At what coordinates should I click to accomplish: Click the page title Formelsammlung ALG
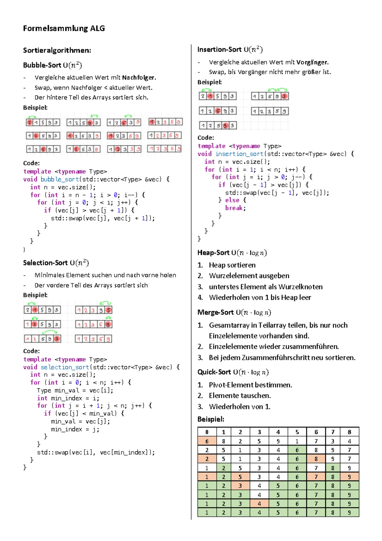(x=64, y=28)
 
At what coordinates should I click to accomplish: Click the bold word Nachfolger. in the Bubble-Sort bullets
(x=139, y=77)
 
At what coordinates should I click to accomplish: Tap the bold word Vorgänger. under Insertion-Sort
(x=312, y=62)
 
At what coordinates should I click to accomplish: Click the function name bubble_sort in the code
(x=60, y=179)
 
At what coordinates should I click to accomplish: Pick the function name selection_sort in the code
(x=65, y=367)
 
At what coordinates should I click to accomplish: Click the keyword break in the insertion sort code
(x=235, y=208)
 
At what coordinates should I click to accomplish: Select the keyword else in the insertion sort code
(x=232, y=200)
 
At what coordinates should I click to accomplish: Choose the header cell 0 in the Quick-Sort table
(x=207, y=432)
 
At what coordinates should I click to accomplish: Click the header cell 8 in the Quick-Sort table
(x=350, y=432)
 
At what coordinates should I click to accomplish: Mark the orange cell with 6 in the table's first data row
(x=207, y=441)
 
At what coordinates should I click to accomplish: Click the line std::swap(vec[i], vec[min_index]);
(x=96, y=452)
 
